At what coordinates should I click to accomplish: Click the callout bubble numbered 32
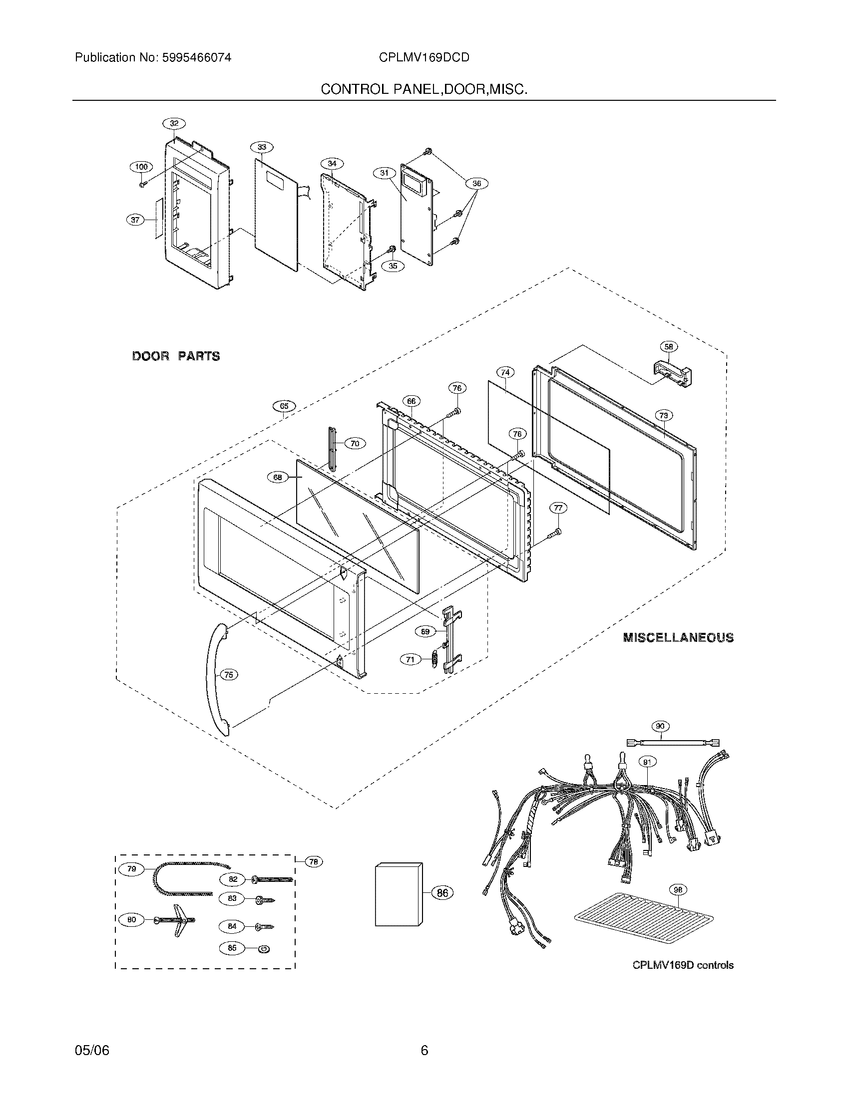tap(174, 123)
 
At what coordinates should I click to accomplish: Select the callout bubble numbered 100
tap(141, 167)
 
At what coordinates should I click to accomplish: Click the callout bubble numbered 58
tap(668, 346)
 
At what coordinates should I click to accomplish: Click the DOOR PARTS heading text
tap(176, 356)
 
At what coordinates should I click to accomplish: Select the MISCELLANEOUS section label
tap(678, 637)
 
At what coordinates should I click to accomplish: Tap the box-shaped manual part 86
tap(399, 894)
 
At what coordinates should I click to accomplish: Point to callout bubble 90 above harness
tap(660, 726)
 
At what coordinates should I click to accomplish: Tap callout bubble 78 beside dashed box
tap(313, 862)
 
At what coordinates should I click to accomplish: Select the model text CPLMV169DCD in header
tap(424, 58)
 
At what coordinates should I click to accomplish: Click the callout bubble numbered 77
tap(558, 508)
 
